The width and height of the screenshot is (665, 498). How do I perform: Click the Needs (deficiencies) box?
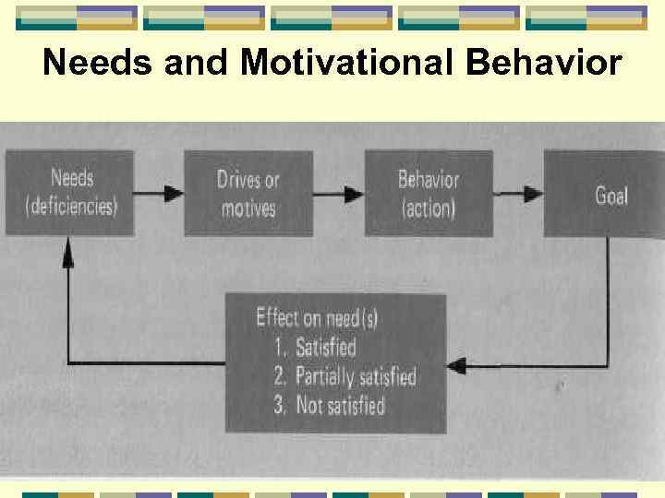coord(71,193)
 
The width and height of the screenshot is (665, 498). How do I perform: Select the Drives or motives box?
coord(248,193)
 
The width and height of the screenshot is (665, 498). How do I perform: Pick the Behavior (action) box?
coord(428,193)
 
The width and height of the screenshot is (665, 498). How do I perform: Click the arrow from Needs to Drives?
coord(160,194)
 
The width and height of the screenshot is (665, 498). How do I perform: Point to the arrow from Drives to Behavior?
coord(338,194)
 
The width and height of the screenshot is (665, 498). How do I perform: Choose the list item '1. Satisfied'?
coord(314,348)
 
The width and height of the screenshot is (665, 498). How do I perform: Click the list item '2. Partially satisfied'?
coord(344,376)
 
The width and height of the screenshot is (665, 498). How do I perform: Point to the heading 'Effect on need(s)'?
coord(316,318)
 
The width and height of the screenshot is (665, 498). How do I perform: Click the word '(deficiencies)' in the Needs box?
coord(72,206)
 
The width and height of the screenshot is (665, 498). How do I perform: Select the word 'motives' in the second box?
coord(248,207)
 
